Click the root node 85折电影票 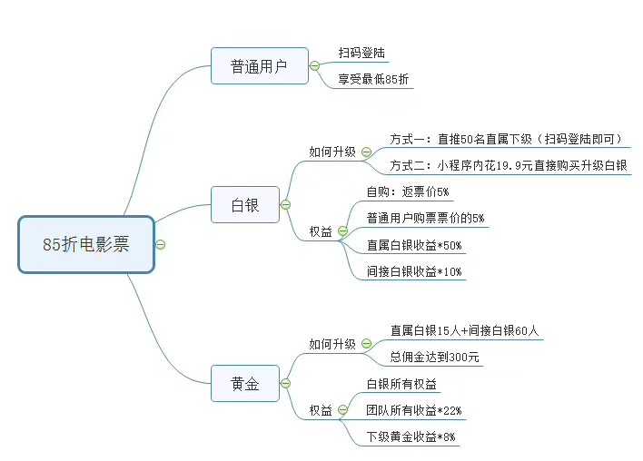[86, 244]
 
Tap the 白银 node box [245, 205]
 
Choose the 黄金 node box [245, 384]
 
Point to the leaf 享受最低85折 [374, 80]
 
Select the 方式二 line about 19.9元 [509, 166]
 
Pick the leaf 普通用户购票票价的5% [425, 218]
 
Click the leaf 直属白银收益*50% [415, 245]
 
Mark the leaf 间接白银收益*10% [415, 271]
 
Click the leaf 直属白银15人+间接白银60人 [465, 330]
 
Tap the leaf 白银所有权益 [401, 384]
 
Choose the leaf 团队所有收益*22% [414, 410]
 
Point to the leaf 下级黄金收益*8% [411, 437]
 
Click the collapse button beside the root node [161, 244]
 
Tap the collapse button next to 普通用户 [314, 66]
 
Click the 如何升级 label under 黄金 [332, 344]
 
